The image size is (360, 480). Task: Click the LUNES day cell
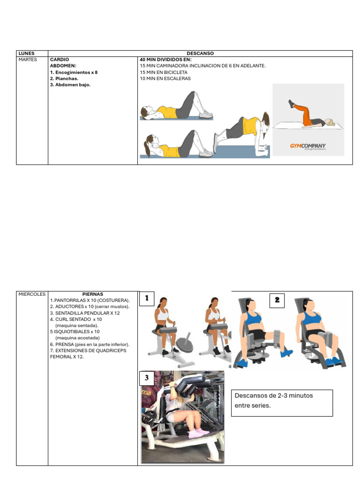coord(26,53)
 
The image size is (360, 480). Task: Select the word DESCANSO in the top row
coord(200,53)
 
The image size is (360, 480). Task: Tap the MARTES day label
coord(27,60)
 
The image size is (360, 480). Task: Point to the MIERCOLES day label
coord(31,294)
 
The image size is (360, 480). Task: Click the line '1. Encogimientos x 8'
coord(74,73)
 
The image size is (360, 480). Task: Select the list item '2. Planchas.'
coord(64,79)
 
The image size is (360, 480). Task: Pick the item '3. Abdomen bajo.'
coord(70,85)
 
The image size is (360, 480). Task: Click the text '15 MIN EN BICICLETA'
coord(163,73)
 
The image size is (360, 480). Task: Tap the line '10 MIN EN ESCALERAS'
coord(165,79)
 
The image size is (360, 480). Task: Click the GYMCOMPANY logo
coord(307,146)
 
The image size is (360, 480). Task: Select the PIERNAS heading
coord(92,294)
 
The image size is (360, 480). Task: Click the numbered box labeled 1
coord(147,299)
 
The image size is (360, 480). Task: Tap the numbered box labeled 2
coord(277,300)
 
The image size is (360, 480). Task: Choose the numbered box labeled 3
coord(147,378)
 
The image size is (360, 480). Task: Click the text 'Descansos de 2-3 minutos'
coord(274,396)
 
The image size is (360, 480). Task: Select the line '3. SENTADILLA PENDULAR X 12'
coord(85,313)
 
